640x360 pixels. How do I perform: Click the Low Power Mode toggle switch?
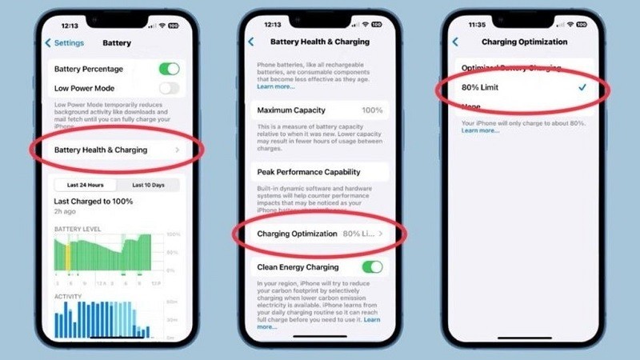tap(169, 88)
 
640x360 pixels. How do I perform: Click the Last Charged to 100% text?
tap(93, 202)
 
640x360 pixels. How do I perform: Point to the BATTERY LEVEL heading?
tap(78, 229)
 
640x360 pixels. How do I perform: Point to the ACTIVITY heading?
tap(69, 296)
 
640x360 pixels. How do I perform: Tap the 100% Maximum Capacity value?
tap(371, 110)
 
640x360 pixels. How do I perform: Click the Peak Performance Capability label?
tap(308, 171)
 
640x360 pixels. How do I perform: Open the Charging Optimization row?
tap(320, 234)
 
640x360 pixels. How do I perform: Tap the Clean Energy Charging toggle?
tap(372, 266)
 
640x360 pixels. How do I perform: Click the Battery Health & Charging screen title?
tap(319, 42)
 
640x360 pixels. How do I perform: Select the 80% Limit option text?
tap(480, 87)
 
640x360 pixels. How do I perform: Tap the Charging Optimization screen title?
tap(524, 42)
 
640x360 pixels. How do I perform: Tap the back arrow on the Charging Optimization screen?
tap(456, 42)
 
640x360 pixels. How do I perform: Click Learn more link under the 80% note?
tap(480, 130)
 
